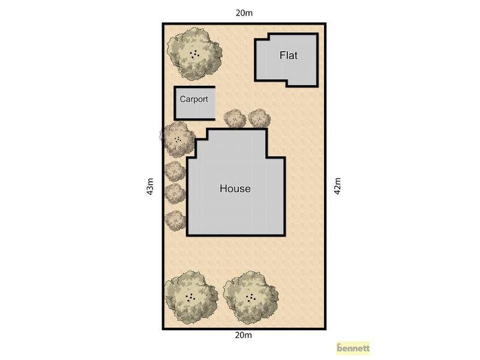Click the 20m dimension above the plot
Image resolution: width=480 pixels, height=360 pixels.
point(244,13)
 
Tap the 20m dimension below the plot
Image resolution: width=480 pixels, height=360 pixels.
point(244,335)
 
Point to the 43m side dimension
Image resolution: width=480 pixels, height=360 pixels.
point(150,186)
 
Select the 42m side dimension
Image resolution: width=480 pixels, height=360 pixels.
point(337,185)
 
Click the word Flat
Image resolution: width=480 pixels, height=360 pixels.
point(289,55)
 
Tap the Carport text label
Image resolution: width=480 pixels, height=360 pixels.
point(194,99)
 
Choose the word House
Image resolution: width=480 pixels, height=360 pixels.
point(235,188)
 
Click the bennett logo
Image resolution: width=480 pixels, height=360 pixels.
point(353,348)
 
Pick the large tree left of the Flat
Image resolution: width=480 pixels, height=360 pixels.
point(194,54)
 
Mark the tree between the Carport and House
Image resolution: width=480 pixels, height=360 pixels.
point(178,139)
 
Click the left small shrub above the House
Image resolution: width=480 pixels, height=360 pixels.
point(235,118)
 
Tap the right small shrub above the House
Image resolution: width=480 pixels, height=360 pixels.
point(259,118)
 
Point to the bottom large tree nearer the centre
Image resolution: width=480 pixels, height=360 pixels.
point(251,297)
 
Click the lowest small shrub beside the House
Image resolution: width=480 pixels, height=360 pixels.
point(175,220)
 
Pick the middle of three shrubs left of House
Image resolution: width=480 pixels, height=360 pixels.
point(175,193)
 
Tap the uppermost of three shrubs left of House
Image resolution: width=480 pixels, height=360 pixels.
point(175,172)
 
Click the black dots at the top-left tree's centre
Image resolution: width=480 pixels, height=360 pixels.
point(194,55)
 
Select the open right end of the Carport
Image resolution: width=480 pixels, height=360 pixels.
point(215,103)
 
